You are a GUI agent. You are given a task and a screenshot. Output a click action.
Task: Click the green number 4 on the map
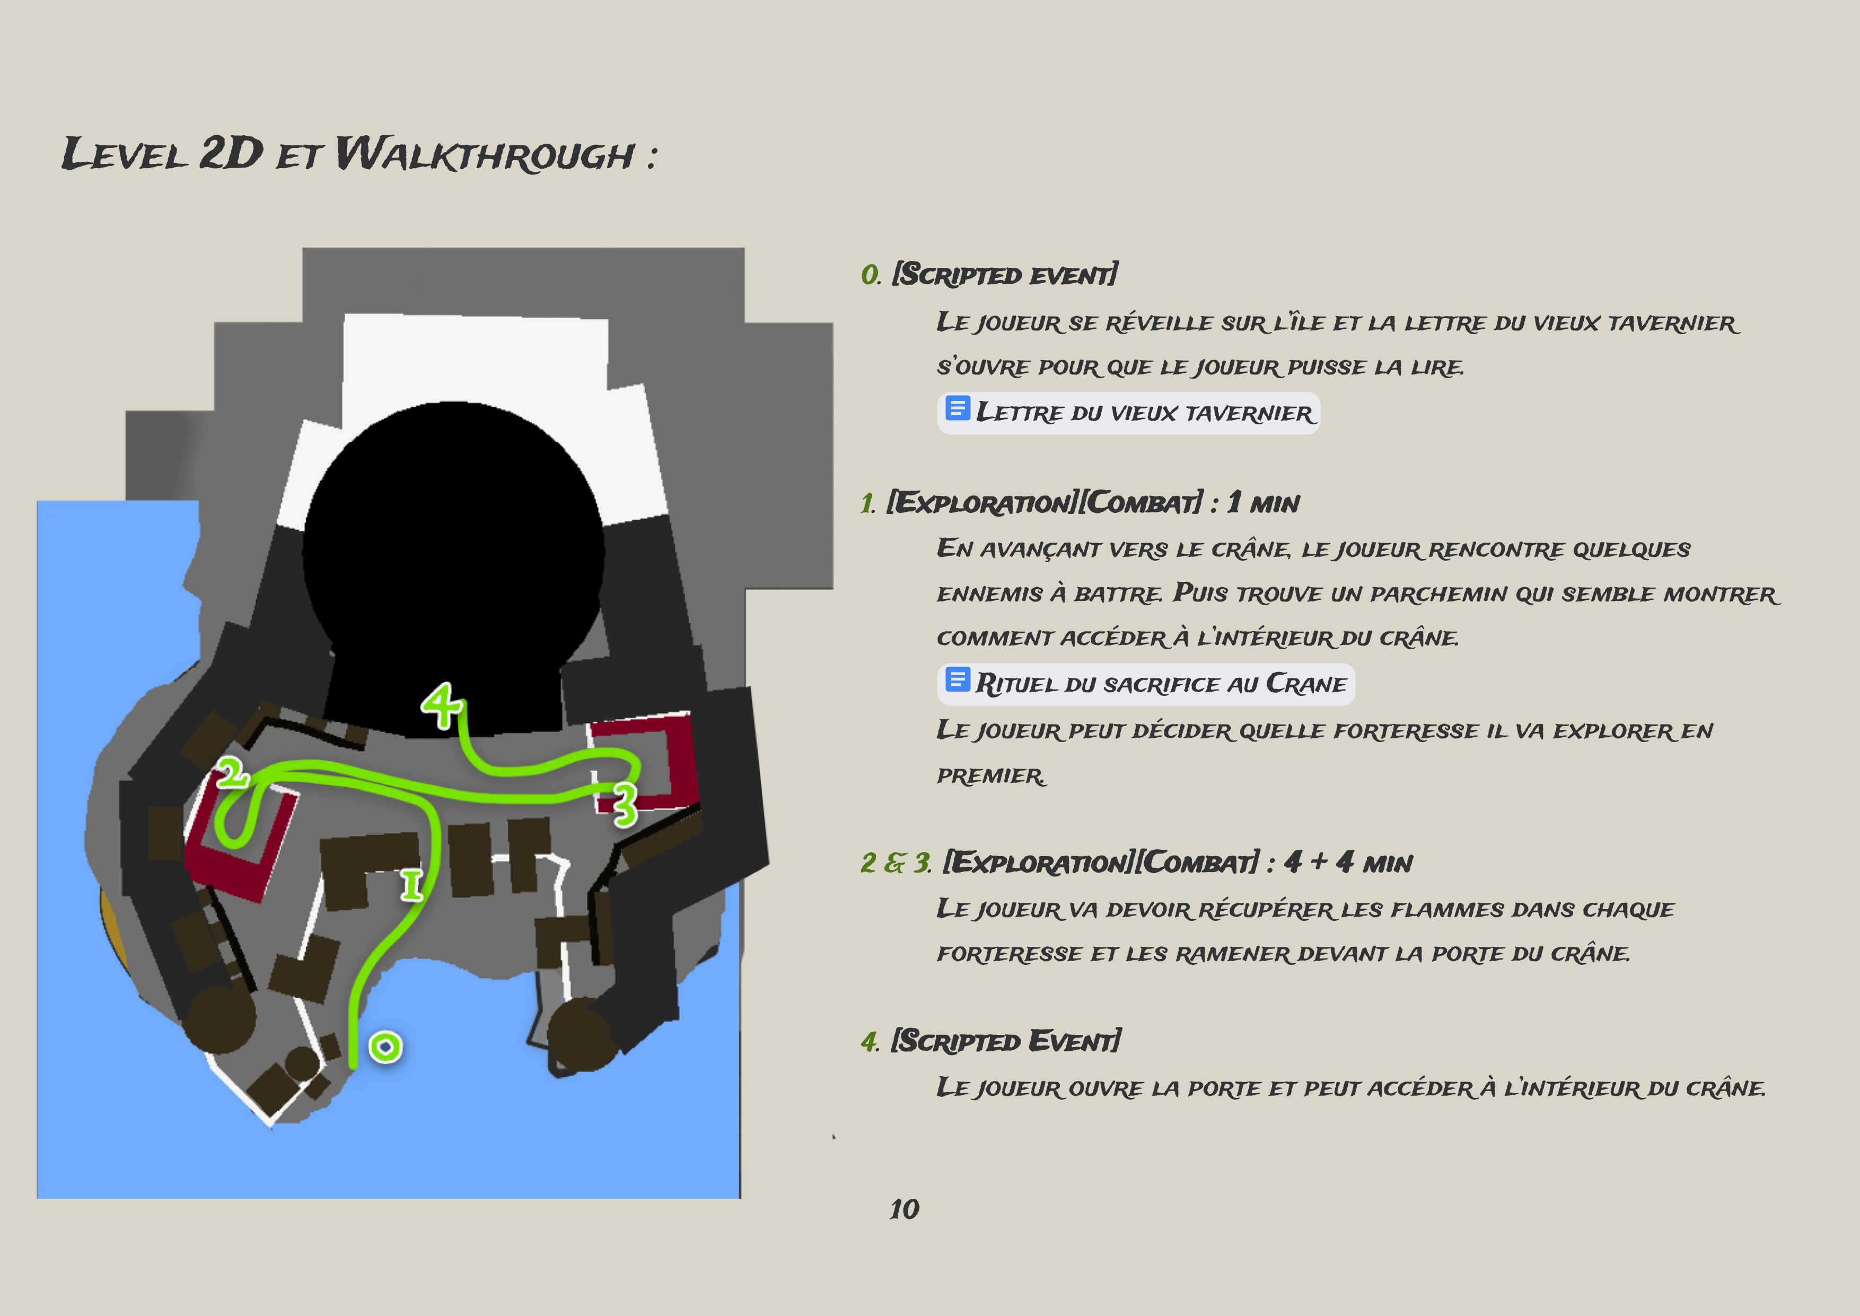[442, 704]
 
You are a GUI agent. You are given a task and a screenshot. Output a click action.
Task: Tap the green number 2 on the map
[232, 773]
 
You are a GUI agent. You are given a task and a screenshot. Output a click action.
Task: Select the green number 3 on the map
[625, 805]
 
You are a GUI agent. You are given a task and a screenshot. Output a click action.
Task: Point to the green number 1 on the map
[411, 885]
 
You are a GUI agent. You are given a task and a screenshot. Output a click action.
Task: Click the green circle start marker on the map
[385, 1047]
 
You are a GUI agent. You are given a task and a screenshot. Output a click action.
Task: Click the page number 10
[904, 1209]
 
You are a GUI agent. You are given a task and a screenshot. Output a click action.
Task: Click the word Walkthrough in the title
[485, 154]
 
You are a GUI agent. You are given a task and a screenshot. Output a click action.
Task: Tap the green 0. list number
[871, 275]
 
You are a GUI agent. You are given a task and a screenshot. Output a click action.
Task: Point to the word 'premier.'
[992, 777]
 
